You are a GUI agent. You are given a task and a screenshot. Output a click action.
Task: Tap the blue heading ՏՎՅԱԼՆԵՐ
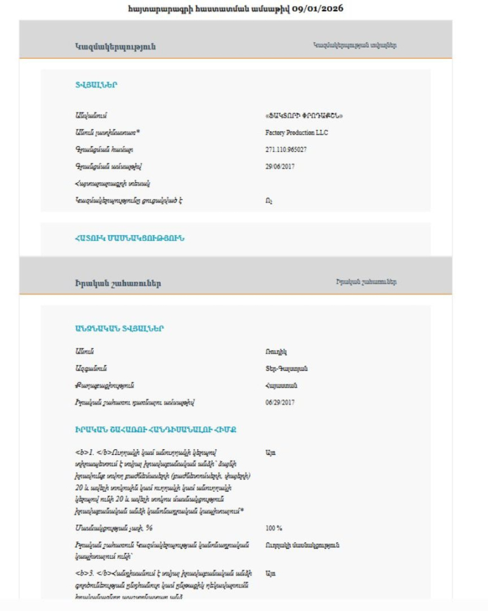(95, 85)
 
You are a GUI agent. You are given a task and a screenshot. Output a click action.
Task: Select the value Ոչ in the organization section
(269, 200)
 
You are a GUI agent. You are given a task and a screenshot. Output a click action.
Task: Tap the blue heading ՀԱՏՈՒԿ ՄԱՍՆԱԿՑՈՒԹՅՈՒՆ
(129, 239)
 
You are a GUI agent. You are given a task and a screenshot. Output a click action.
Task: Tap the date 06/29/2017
(280, 402)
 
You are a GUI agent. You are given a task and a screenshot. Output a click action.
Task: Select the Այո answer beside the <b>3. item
(271, 572)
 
